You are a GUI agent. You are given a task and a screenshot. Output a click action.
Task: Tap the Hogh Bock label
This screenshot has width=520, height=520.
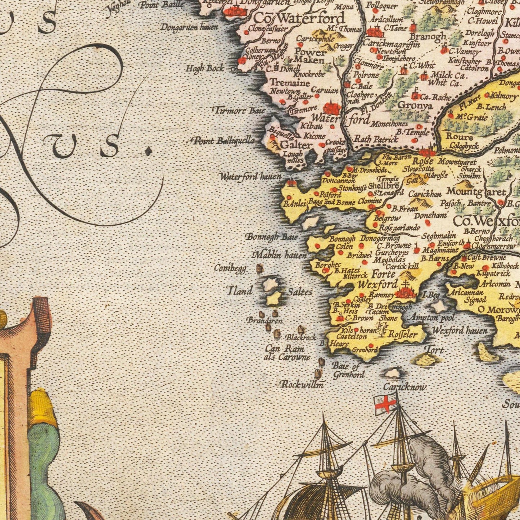[205, 68]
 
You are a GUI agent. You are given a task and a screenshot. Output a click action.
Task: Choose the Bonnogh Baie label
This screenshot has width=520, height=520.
[272, 237]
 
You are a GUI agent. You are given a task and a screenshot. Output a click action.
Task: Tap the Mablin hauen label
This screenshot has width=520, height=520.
[280, 255]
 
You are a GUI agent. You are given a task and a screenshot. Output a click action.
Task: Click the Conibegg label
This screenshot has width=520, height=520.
[230, 268]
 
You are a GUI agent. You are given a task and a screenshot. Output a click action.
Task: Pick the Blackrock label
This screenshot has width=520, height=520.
[301, 338]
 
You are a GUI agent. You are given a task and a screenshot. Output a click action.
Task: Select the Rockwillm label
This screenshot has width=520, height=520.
[302, 384]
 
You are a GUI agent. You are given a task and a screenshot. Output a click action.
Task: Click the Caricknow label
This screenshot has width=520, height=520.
[404, 387]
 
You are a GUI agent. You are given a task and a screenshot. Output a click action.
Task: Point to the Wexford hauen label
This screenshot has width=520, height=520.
[460, 330]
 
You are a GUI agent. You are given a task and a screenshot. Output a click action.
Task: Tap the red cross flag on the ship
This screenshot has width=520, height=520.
[385, 404]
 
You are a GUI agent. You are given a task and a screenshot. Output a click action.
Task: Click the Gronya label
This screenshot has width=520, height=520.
[415, 105]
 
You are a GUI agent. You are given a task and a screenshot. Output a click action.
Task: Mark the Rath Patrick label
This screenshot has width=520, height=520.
[376, 139]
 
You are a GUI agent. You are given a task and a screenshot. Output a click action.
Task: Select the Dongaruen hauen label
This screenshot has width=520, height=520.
[189, 27]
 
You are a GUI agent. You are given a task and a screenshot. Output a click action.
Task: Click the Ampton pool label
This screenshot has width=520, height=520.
[432, 318]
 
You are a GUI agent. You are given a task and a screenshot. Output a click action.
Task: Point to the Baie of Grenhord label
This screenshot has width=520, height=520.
[347, 370]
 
